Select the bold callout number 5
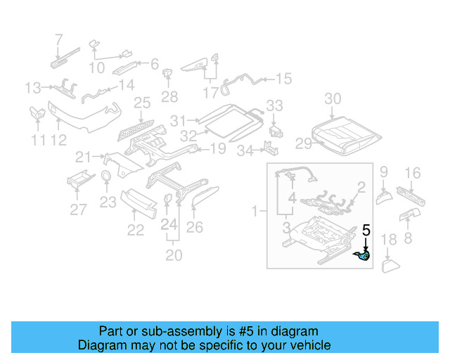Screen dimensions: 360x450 (x=366, y=229)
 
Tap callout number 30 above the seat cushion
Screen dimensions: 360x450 (x=333, y=98)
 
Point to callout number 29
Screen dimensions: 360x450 (x=303, y=143)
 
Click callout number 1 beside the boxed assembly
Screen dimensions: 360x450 (x=255, y=210)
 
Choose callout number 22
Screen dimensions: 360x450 (x=135, y=229)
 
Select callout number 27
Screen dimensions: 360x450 (x=78, y=209)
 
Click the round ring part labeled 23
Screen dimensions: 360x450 (x=106, y=176)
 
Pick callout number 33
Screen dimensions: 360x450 (x=274, y=105)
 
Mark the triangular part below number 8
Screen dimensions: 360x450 (x=390, y=266)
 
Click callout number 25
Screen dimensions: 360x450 (x=142, y=103)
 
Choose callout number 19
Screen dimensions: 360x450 (x=217, y=148)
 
